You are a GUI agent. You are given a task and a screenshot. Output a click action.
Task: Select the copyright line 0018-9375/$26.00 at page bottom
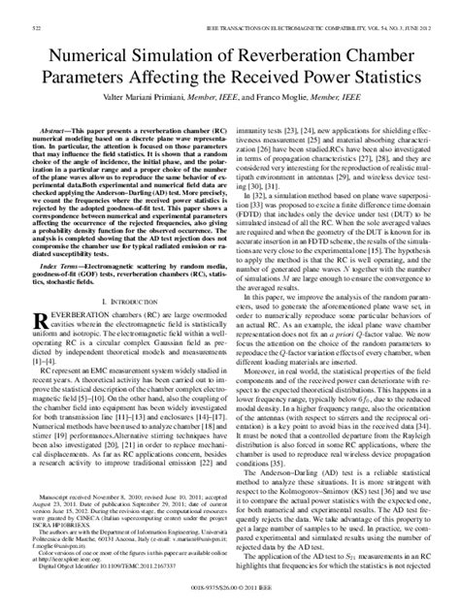coord(229,600)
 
